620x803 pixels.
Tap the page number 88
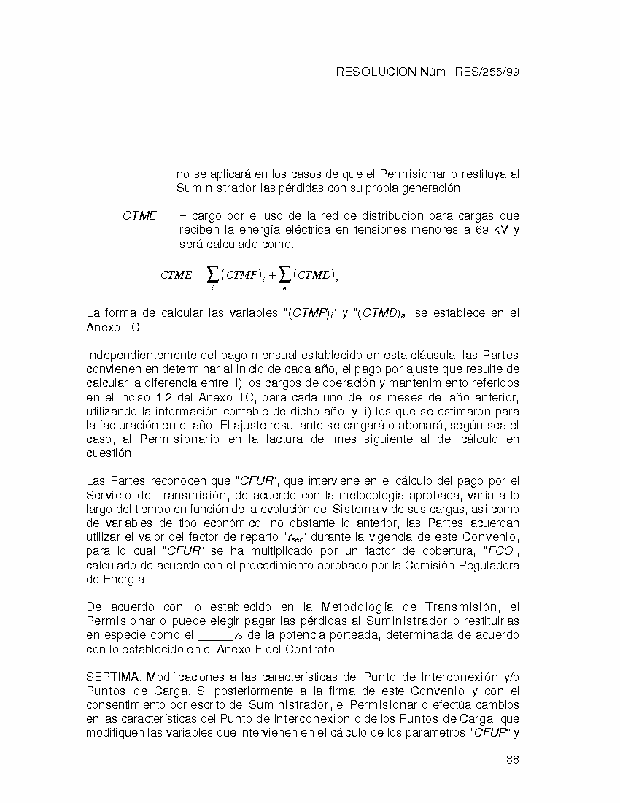[512, 759]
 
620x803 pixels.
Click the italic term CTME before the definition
[139, 216]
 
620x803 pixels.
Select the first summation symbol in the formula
[212, 274]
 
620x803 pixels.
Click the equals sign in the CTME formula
[198, 275]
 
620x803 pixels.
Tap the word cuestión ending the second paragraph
[109, 453]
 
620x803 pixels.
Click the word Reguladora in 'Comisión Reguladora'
[489, 566]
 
